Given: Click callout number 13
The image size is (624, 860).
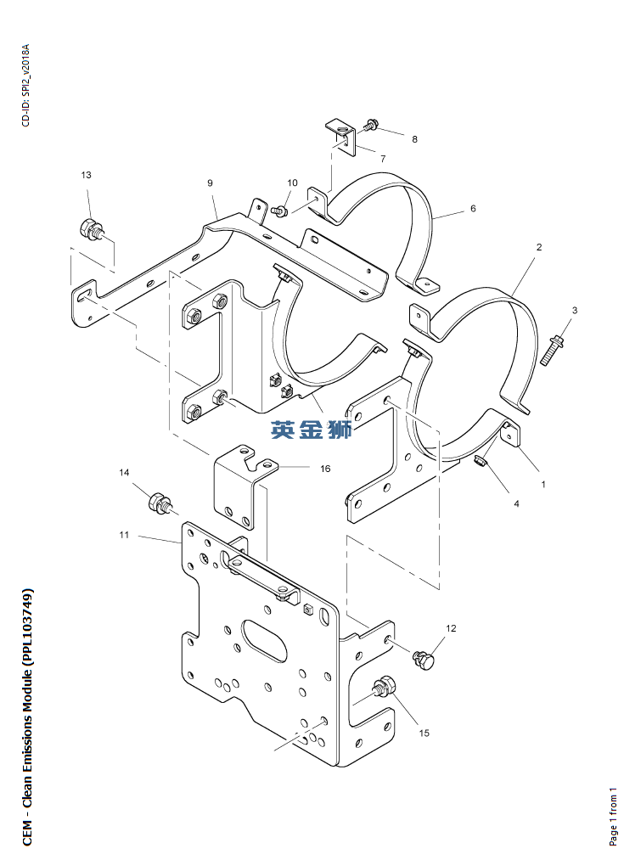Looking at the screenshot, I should click(x=86, y=175).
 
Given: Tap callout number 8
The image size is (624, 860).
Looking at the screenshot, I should click(x=414, y=138).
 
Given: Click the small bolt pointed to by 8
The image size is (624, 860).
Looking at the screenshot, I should click(x=370, y=126).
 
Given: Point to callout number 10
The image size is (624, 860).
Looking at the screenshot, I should click(x=292, y=183).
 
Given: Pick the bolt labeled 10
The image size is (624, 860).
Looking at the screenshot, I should click(x=284, y=209).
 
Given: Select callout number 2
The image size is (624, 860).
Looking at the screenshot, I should click(x=538, y=247).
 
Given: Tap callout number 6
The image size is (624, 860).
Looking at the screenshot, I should click(x=473, y=208).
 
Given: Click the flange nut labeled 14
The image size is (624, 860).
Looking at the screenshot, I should click(x=159, y=503).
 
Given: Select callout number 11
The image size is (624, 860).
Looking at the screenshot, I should click(x=124, y=535).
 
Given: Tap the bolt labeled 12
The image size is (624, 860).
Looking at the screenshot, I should click(x=424, y=658).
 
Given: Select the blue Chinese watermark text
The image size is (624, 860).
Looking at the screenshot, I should click(x=311, y=430).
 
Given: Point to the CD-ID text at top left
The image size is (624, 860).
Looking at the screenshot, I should click(x=25, y=84).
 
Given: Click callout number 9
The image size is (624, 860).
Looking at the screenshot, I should click(x=209, y=183).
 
